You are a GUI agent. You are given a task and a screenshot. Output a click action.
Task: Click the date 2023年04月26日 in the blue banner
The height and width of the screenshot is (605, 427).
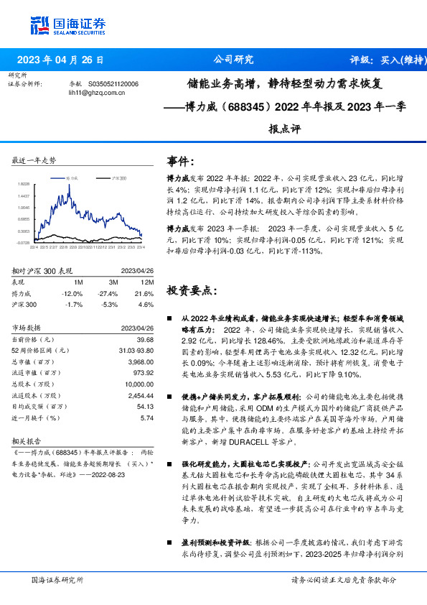click(x=60, y=60)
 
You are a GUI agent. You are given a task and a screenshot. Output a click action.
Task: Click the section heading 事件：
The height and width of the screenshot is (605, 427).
click(x=181, y=161)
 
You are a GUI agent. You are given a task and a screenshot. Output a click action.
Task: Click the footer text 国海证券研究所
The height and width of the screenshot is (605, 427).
click(x=57, y=579)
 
